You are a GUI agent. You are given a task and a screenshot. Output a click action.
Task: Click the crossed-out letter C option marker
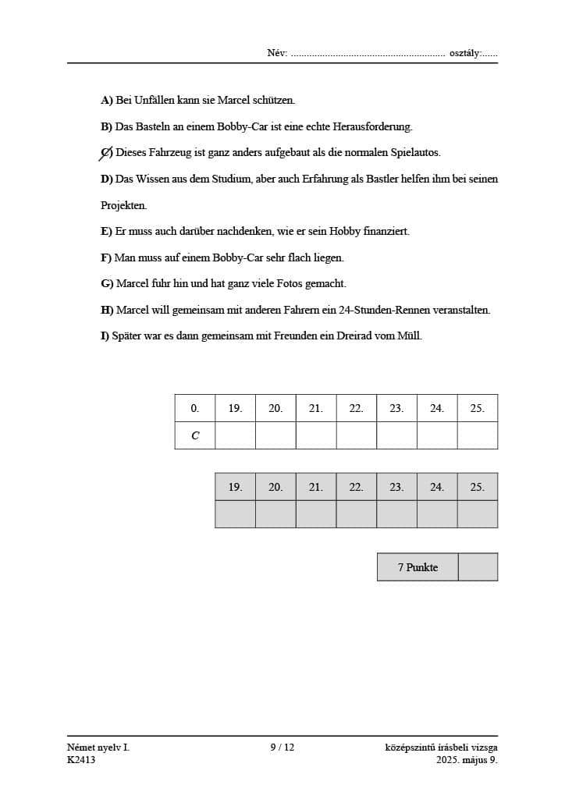106,153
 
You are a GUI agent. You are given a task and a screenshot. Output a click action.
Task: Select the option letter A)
107,100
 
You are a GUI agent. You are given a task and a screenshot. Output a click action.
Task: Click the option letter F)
106,257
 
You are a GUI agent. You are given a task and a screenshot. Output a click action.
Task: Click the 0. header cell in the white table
195,408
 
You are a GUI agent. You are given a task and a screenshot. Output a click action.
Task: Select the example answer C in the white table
195,435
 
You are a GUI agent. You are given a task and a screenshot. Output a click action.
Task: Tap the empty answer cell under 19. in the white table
235,435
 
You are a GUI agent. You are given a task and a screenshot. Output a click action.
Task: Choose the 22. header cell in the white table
356,408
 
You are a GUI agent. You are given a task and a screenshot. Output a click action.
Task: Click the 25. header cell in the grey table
477,487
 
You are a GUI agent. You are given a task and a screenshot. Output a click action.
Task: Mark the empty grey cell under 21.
315,514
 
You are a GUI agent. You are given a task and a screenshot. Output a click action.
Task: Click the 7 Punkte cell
418,567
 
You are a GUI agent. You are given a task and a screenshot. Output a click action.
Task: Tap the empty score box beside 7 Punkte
478,567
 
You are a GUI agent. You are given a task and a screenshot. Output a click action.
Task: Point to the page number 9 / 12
282,748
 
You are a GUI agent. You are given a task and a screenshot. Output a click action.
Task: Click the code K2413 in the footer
81,760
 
